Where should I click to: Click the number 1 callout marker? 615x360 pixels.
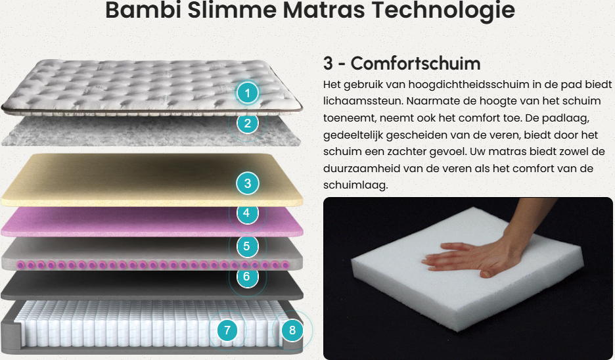click(247, 93)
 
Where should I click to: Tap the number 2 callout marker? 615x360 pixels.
click(247, 123)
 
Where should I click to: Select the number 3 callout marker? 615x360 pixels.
click(247, 183)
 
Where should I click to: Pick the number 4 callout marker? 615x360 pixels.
click(246, 213)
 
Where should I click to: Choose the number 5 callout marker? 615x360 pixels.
click(246, 246)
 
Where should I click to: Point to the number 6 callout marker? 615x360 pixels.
click(246, 277)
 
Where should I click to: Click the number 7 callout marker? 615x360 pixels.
click(227, 330)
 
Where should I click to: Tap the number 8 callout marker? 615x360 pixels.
click(292, 330)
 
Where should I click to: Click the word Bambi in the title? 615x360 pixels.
click(143, 10)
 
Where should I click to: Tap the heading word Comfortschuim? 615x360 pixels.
click(415, 64)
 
